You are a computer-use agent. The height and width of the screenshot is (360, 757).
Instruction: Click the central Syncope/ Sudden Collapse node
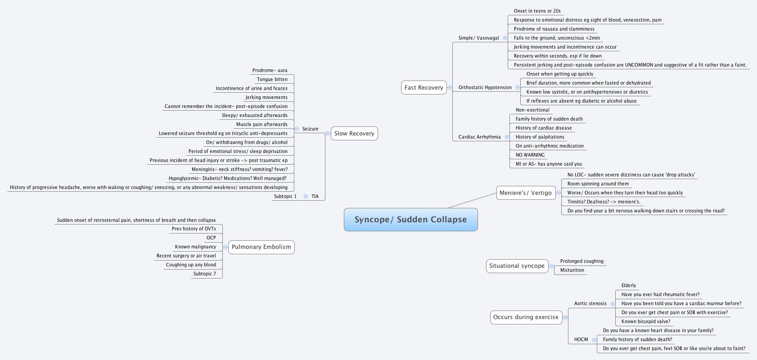[x=410, y=220]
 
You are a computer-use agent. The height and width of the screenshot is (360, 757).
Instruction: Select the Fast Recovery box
[x=424, y=87]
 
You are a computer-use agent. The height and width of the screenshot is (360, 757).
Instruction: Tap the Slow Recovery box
[x=354, y=133]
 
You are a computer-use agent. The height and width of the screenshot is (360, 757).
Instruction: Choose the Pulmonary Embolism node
[x=261, y=247]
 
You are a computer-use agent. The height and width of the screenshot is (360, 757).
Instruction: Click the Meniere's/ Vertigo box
[x=525, y=193]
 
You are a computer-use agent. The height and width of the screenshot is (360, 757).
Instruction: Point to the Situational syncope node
[x=517, y=265]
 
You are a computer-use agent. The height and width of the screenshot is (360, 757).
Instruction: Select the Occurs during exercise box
[x=526, y=317]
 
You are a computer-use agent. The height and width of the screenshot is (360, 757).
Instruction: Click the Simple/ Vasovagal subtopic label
[x=478, y=38]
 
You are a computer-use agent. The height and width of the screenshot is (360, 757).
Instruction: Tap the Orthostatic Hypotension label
[x=485, y=87]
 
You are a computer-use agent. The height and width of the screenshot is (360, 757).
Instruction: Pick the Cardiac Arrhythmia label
[x=479, y=137]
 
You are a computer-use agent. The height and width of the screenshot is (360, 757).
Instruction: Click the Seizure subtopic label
[x=310, y=129]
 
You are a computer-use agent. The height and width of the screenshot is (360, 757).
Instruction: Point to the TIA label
[x=315, y=196]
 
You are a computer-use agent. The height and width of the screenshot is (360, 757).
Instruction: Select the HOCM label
[x=581, y=339]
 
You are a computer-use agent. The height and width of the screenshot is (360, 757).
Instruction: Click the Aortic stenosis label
[x=590, y=303]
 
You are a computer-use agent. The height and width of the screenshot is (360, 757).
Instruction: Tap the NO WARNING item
[x=530, y=155]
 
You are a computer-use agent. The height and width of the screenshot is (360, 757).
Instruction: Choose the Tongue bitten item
[x=272, y=79]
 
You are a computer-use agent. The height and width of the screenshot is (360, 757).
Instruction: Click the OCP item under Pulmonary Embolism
[x=211, y=238]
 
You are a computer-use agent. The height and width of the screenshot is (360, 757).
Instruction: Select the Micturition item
[x=572, y=270]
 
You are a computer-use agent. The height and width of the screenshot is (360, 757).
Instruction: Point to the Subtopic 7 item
[x=204, y=274]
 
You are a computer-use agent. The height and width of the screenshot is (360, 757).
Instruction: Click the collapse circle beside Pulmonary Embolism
[x=225, y=247]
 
